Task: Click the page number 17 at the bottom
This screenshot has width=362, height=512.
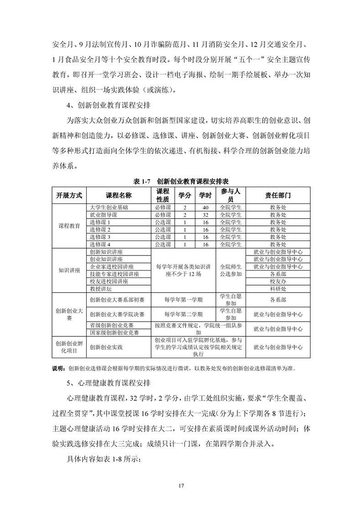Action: [x=181, y=485]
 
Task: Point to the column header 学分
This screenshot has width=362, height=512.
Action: [x=184, y=195]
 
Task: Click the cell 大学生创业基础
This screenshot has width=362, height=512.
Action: [x=109, y=207]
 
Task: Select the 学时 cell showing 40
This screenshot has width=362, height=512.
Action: [x=205, y=207]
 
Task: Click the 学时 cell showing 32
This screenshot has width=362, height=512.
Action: [x=205, y=214]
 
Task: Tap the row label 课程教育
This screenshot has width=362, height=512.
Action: [x=69, y=226]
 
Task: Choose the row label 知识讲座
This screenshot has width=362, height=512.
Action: [x=69, y=270]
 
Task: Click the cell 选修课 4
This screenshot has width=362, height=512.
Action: [x=100, y=244]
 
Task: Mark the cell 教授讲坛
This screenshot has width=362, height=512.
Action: [x=100, y=289]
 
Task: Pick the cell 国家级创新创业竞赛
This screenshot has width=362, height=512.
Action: [x=115, y=332]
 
